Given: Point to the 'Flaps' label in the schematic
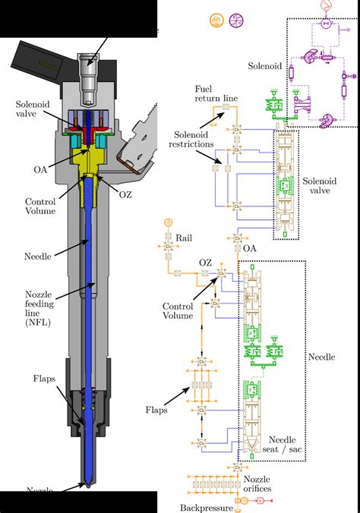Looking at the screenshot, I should [x=157, y=411].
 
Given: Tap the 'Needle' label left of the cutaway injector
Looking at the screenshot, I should [x=37, y=256].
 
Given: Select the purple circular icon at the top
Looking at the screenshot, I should [x=235, y=20].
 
